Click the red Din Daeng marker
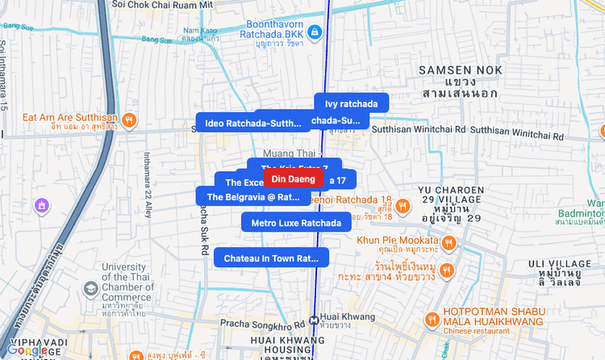coord(293,178)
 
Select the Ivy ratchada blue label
coord(351,103)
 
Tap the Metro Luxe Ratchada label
coord(295,223)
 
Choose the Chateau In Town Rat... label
coord(271,258)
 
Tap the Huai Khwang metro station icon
coord(313,317)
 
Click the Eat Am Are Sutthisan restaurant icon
coord(129,120)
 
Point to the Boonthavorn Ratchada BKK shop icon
coord(316,32)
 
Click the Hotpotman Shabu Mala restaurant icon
coord(432,319)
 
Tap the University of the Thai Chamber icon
coord(91,287)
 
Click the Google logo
coord(27,350)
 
